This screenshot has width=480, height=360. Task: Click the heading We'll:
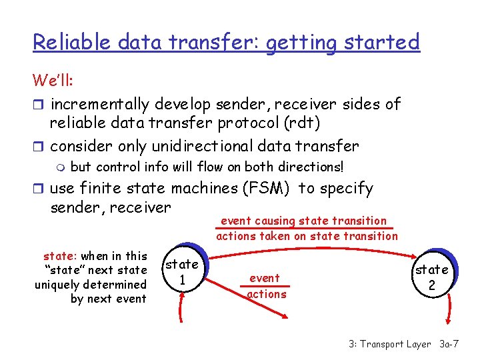[x=53, y=81]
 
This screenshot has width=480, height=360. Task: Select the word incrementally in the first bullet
[x=100, y=104]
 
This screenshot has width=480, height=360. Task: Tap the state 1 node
[x=182, y=271]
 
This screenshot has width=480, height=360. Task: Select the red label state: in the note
[x=61, y=256]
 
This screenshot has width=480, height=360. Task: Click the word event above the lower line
[x=265, y=278]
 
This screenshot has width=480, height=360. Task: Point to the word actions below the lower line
[x=267, y=294]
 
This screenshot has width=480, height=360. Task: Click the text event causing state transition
[x=303, y=221]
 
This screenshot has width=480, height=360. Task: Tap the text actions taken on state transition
[x=307, y=235]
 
